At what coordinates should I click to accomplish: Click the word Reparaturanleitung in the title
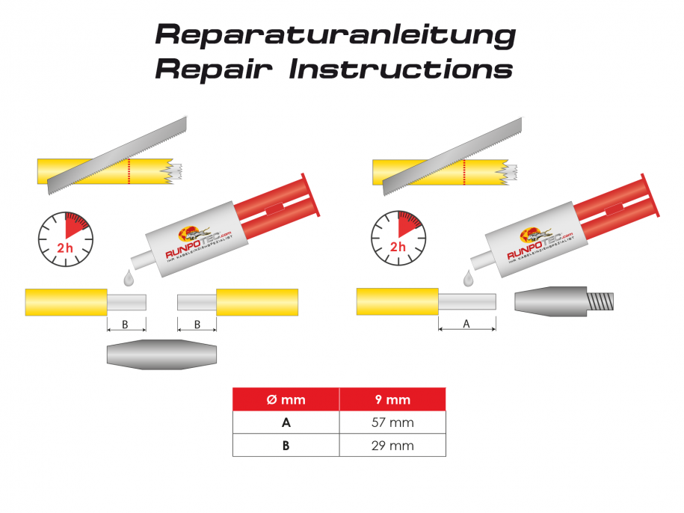tap(335, 34)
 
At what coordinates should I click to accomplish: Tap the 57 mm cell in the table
tap(392, 423)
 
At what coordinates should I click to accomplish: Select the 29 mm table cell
tap(392, 446)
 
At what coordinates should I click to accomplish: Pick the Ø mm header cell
tap(286, 399)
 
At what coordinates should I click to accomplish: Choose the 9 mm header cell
tap(392, 399)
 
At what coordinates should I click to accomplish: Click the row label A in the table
tap(286, 423)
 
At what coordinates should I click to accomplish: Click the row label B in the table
tap(286, 446)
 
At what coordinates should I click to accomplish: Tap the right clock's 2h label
tap(398, 246)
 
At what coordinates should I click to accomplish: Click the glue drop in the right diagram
tap(469, 279)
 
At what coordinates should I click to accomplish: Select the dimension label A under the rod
tap(467, 324)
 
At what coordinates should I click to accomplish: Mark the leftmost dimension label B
tap(125, 325)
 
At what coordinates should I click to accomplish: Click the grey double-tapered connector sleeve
tap(161, 354)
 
